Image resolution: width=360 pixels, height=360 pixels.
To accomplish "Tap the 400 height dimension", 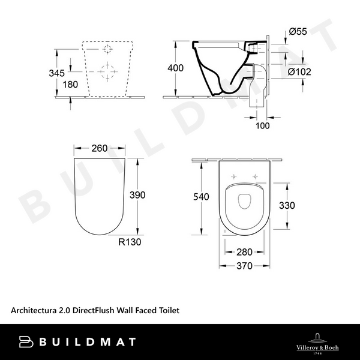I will click(176, 68).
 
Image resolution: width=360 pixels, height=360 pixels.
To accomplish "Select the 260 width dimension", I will click(100, 148).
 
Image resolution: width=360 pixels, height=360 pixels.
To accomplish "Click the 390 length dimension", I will click(138, 196).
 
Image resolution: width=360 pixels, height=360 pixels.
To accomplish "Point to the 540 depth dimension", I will click(202, 196).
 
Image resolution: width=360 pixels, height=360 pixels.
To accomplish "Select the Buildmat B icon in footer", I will click(26, 342).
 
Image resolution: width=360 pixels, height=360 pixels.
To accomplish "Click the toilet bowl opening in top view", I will click(243, 202).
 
